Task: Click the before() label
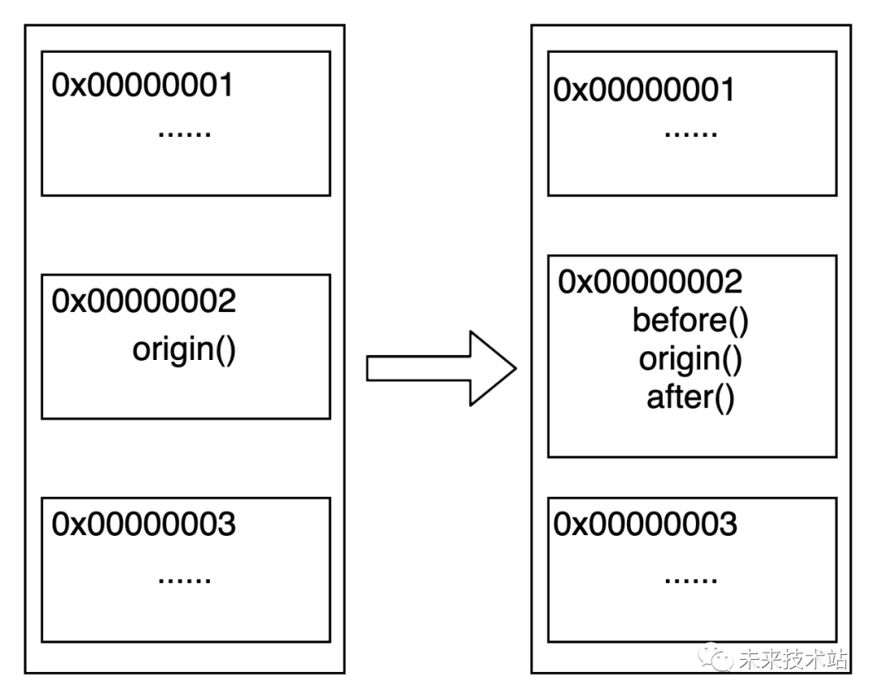pos(690,321)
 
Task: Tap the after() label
pos(690,398)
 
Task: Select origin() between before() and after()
pos(690,359)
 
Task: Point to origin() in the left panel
pos(184,350)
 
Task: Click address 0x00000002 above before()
pos(650,282)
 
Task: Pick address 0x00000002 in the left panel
pos(144,302)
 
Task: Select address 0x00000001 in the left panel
pos(143,85)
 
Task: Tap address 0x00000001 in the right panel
pos(644,90)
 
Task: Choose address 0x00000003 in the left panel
pos(144,525)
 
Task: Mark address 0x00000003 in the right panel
pos(645,525)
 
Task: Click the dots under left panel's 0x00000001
pos(184,132)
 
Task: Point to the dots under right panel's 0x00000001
pos(690,132)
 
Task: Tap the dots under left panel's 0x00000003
pos(184,578)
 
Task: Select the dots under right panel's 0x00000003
pos(690,578)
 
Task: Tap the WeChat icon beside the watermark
pos(717,657)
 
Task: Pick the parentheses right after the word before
pos(737,321)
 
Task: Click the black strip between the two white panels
pos(438,349)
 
